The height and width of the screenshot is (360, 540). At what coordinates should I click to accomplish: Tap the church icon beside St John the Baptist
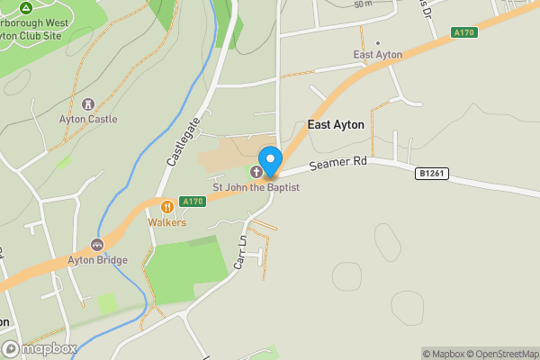point(256,171)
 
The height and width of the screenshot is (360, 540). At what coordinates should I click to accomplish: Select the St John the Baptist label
point(256,187)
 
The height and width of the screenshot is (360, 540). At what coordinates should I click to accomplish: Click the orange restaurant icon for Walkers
point(166,206)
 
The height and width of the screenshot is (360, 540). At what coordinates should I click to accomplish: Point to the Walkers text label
point(167,222)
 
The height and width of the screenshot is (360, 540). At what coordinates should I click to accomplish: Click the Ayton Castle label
point(88,119)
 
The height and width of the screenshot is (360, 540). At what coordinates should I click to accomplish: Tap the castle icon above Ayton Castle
point(88,103)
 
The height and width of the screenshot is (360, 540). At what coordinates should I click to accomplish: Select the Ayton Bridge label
point(98,260)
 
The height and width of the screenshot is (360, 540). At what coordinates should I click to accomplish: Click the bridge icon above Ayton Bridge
point(97,245)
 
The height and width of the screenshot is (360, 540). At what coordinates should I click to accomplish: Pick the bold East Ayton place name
point(336,125)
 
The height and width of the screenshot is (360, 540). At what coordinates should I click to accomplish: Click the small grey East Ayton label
point(377,55)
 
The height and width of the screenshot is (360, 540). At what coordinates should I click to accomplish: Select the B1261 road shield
point(431,172)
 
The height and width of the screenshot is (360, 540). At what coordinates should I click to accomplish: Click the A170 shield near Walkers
point(193,201)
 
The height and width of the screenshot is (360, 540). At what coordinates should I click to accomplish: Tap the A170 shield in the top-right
point(464,32)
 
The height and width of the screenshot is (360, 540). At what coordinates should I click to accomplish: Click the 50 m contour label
point(363,4)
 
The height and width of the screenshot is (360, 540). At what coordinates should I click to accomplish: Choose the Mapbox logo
point(39,348)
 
